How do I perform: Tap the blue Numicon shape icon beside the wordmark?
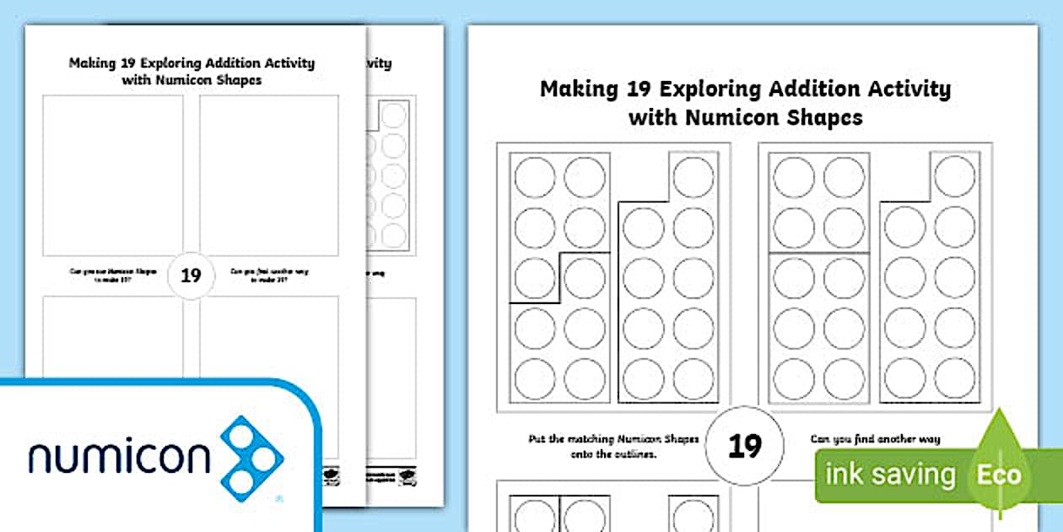(252, 459)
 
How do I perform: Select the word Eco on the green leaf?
(1000, 474)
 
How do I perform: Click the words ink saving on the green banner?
(891, 475)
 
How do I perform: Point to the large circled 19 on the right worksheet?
(745, 445)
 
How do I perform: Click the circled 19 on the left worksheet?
(191, 275)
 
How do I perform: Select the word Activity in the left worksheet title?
(286, 63)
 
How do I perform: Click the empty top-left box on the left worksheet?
(113, 175)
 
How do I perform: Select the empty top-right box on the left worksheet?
(269, 175)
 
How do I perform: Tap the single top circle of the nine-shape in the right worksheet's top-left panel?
(693, 177)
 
